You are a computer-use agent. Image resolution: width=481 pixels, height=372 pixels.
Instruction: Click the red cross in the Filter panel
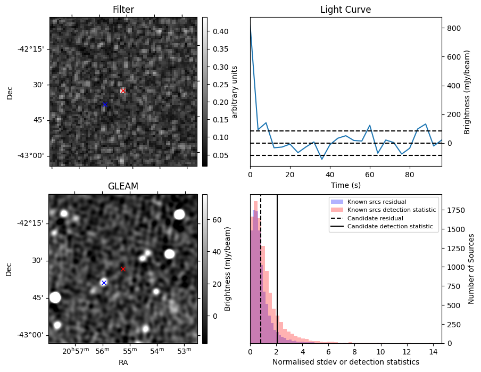123,91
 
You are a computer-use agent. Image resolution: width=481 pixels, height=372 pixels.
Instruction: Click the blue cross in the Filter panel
105,104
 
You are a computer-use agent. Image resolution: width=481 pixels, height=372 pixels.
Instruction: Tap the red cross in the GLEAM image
123,269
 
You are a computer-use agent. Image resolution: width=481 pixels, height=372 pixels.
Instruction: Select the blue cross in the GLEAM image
104,283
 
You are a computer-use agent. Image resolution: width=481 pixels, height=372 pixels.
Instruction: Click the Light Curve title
345,10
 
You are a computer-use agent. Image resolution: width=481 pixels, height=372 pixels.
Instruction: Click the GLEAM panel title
123,186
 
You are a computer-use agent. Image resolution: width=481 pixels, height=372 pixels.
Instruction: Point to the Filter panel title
123,10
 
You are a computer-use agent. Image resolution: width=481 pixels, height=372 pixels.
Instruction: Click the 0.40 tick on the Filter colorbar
216,31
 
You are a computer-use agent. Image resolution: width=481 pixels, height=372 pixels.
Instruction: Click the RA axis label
123,362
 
